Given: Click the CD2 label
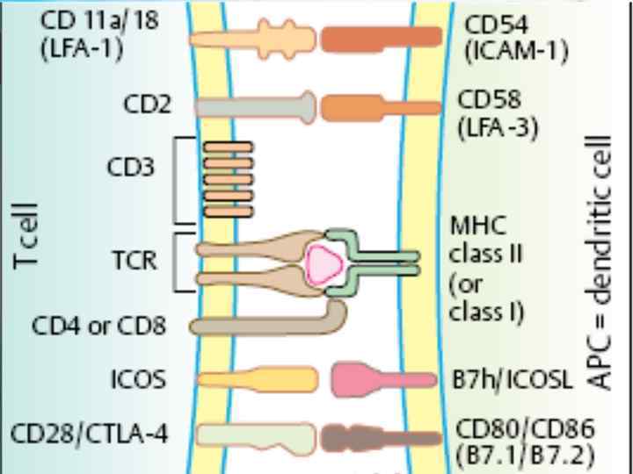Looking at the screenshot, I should (x=148, y=107).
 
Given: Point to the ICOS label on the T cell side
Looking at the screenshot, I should (x=139, y=380).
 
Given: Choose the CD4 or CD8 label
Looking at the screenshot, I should (x=99, y=327).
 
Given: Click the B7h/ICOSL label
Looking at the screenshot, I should (x=512, y=380).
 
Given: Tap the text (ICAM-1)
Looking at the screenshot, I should (x=515, y=50).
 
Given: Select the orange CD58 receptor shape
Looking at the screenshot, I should (x=380, y=108).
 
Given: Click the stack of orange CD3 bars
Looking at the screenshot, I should (x=228, y=181).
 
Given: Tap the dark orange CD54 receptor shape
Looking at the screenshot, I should (x=381, y=38).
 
